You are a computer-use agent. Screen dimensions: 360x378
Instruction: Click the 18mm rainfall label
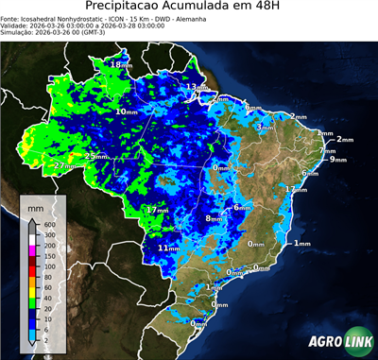pyautogui.click(x=121, y=64)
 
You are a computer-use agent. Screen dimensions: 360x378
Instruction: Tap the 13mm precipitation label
pyautogui.click(x=195, y=87)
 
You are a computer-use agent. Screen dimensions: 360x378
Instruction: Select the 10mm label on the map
pyautogui.click(x=126, y=111)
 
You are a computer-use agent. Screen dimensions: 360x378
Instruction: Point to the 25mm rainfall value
pyautogui.click(x=95, y=156)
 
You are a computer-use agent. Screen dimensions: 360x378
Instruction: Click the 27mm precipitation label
pyautogui.click(x=65, y=166)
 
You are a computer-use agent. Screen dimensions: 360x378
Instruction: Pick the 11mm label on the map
pyautogui.click(x=168, y=248)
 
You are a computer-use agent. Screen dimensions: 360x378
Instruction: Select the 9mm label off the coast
pyautogui.click(x=337, y=160)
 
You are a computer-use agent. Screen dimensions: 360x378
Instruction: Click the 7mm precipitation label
pyautogui.click(x=327, y=150)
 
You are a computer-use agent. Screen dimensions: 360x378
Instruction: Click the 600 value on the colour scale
pyautogui.click(x=49, y=224)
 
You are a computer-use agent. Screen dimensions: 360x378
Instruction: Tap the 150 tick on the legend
pyautogui.click(x=49, y=255)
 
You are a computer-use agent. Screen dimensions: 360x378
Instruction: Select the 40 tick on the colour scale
pyautogui.click(x=49, y=298)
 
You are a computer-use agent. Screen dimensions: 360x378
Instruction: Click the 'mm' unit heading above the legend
pyautogui.click(x=35, y=205)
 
